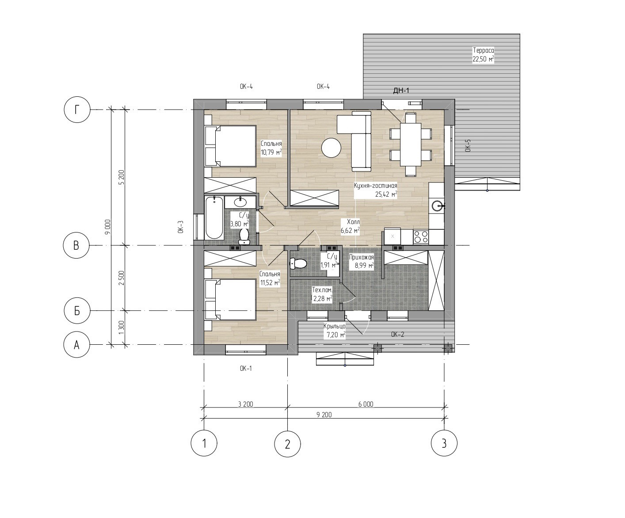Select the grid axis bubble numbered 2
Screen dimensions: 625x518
(288, 444)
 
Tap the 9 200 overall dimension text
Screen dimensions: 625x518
(324, 415)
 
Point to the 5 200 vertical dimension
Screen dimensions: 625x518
(121, 177)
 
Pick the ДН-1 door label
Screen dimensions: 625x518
(401, 91)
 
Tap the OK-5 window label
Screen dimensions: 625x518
(468, 146)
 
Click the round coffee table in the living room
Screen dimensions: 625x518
(331, 148)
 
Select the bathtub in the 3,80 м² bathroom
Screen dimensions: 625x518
(214, 217)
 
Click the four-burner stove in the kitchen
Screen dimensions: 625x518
(420, 236)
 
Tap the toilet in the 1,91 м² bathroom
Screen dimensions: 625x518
(298, 264)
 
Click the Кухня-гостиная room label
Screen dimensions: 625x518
(375, 186)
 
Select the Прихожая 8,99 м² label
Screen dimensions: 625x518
(362, 261)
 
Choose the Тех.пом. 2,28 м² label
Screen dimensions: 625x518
(322, 294)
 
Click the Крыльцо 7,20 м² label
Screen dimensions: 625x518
(334, 331)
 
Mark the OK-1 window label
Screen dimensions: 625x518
(246, 369)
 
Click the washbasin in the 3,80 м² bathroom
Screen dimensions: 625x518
(240, 202)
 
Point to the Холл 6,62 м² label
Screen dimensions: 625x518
(350, 226)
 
